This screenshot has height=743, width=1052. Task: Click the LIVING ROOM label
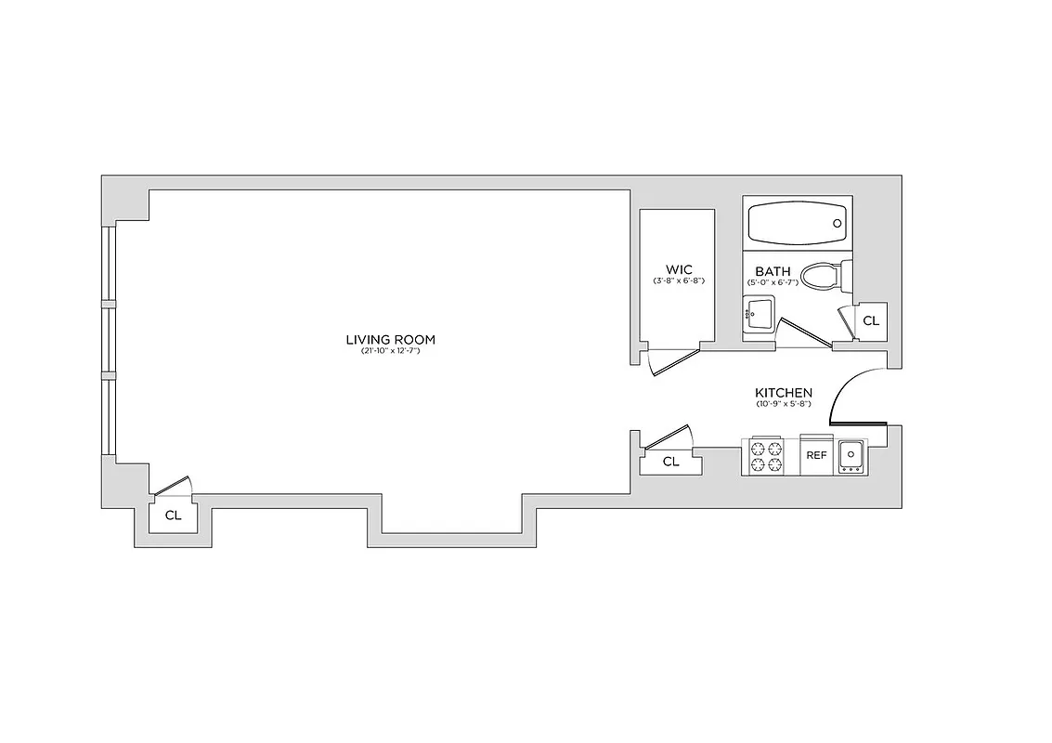coord(390,340)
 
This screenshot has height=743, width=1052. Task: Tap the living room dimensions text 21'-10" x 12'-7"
coord(390,352)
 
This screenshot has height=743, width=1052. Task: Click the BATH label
coord(773,272)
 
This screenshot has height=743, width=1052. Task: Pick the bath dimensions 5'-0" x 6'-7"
coord(773,282)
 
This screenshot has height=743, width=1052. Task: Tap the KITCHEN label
coord(784,393)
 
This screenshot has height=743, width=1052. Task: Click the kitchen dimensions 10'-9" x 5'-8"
coord(784,404)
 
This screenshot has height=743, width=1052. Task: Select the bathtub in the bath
coord(798,224)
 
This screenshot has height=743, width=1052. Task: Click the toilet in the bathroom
coord(823,276)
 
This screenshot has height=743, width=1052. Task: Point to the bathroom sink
coord(758,313)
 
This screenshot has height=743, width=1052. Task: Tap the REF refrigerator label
coord(816,455)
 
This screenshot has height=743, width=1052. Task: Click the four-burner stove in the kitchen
coord(767,456)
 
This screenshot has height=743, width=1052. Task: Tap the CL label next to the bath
coord(871,321)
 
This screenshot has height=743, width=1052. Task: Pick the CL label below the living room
coord(173,515)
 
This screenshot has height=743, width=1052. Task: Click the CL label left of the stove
coord(670,462)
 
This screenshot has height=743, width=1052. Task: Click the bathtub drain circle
coord(838,224)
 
